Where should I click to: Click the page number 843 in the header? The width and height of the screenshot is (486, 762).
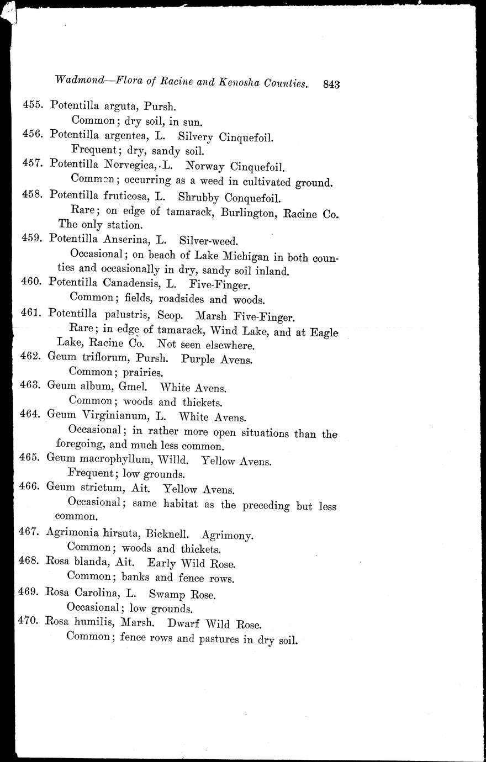click(x=332, y=84)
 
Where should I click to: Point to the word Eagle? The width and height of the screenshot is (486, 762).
click(x=324, y=332)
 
